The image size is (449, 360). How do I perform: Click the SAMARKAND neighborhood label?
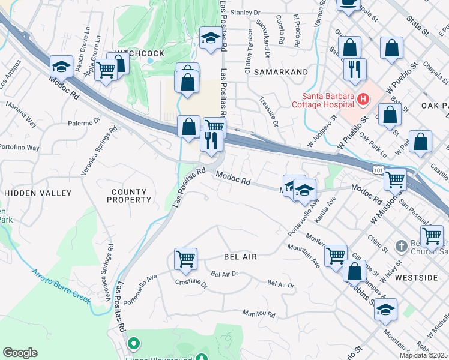(x=281, y=72)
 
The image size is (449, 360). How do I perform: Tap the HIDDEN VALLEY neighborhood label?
(x=38, y=193)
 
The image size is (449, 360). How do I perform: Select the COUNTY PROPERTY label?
(x=129, y=196)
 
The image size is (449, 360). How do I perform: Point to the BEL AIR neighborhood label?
(x=240, y=257)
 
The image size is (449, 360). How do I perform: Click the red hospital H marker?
(x=362, y=98)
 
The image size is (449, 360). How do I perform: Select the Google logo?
(x=20, y=352)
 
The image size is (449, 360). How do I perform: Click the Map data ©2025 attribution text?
(x=423, y=355)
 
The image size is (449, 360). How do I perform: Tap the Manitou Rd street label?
(x=259, y=314)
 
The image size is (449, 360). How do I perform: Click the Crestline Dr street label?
(x=191, y=282)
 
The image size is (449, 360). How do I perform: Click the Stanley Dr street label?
(x=246, y=11)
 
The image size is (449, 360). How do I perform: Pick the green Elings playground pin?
(x=134, y=344)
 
